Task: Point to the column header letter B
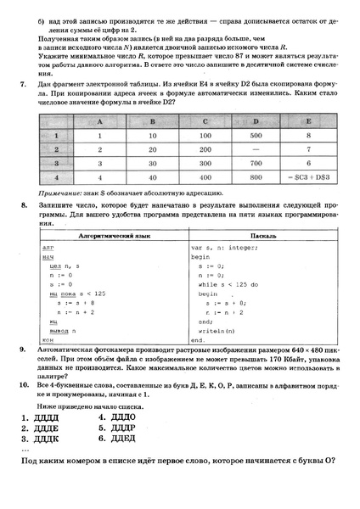[x=154, y=120]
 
